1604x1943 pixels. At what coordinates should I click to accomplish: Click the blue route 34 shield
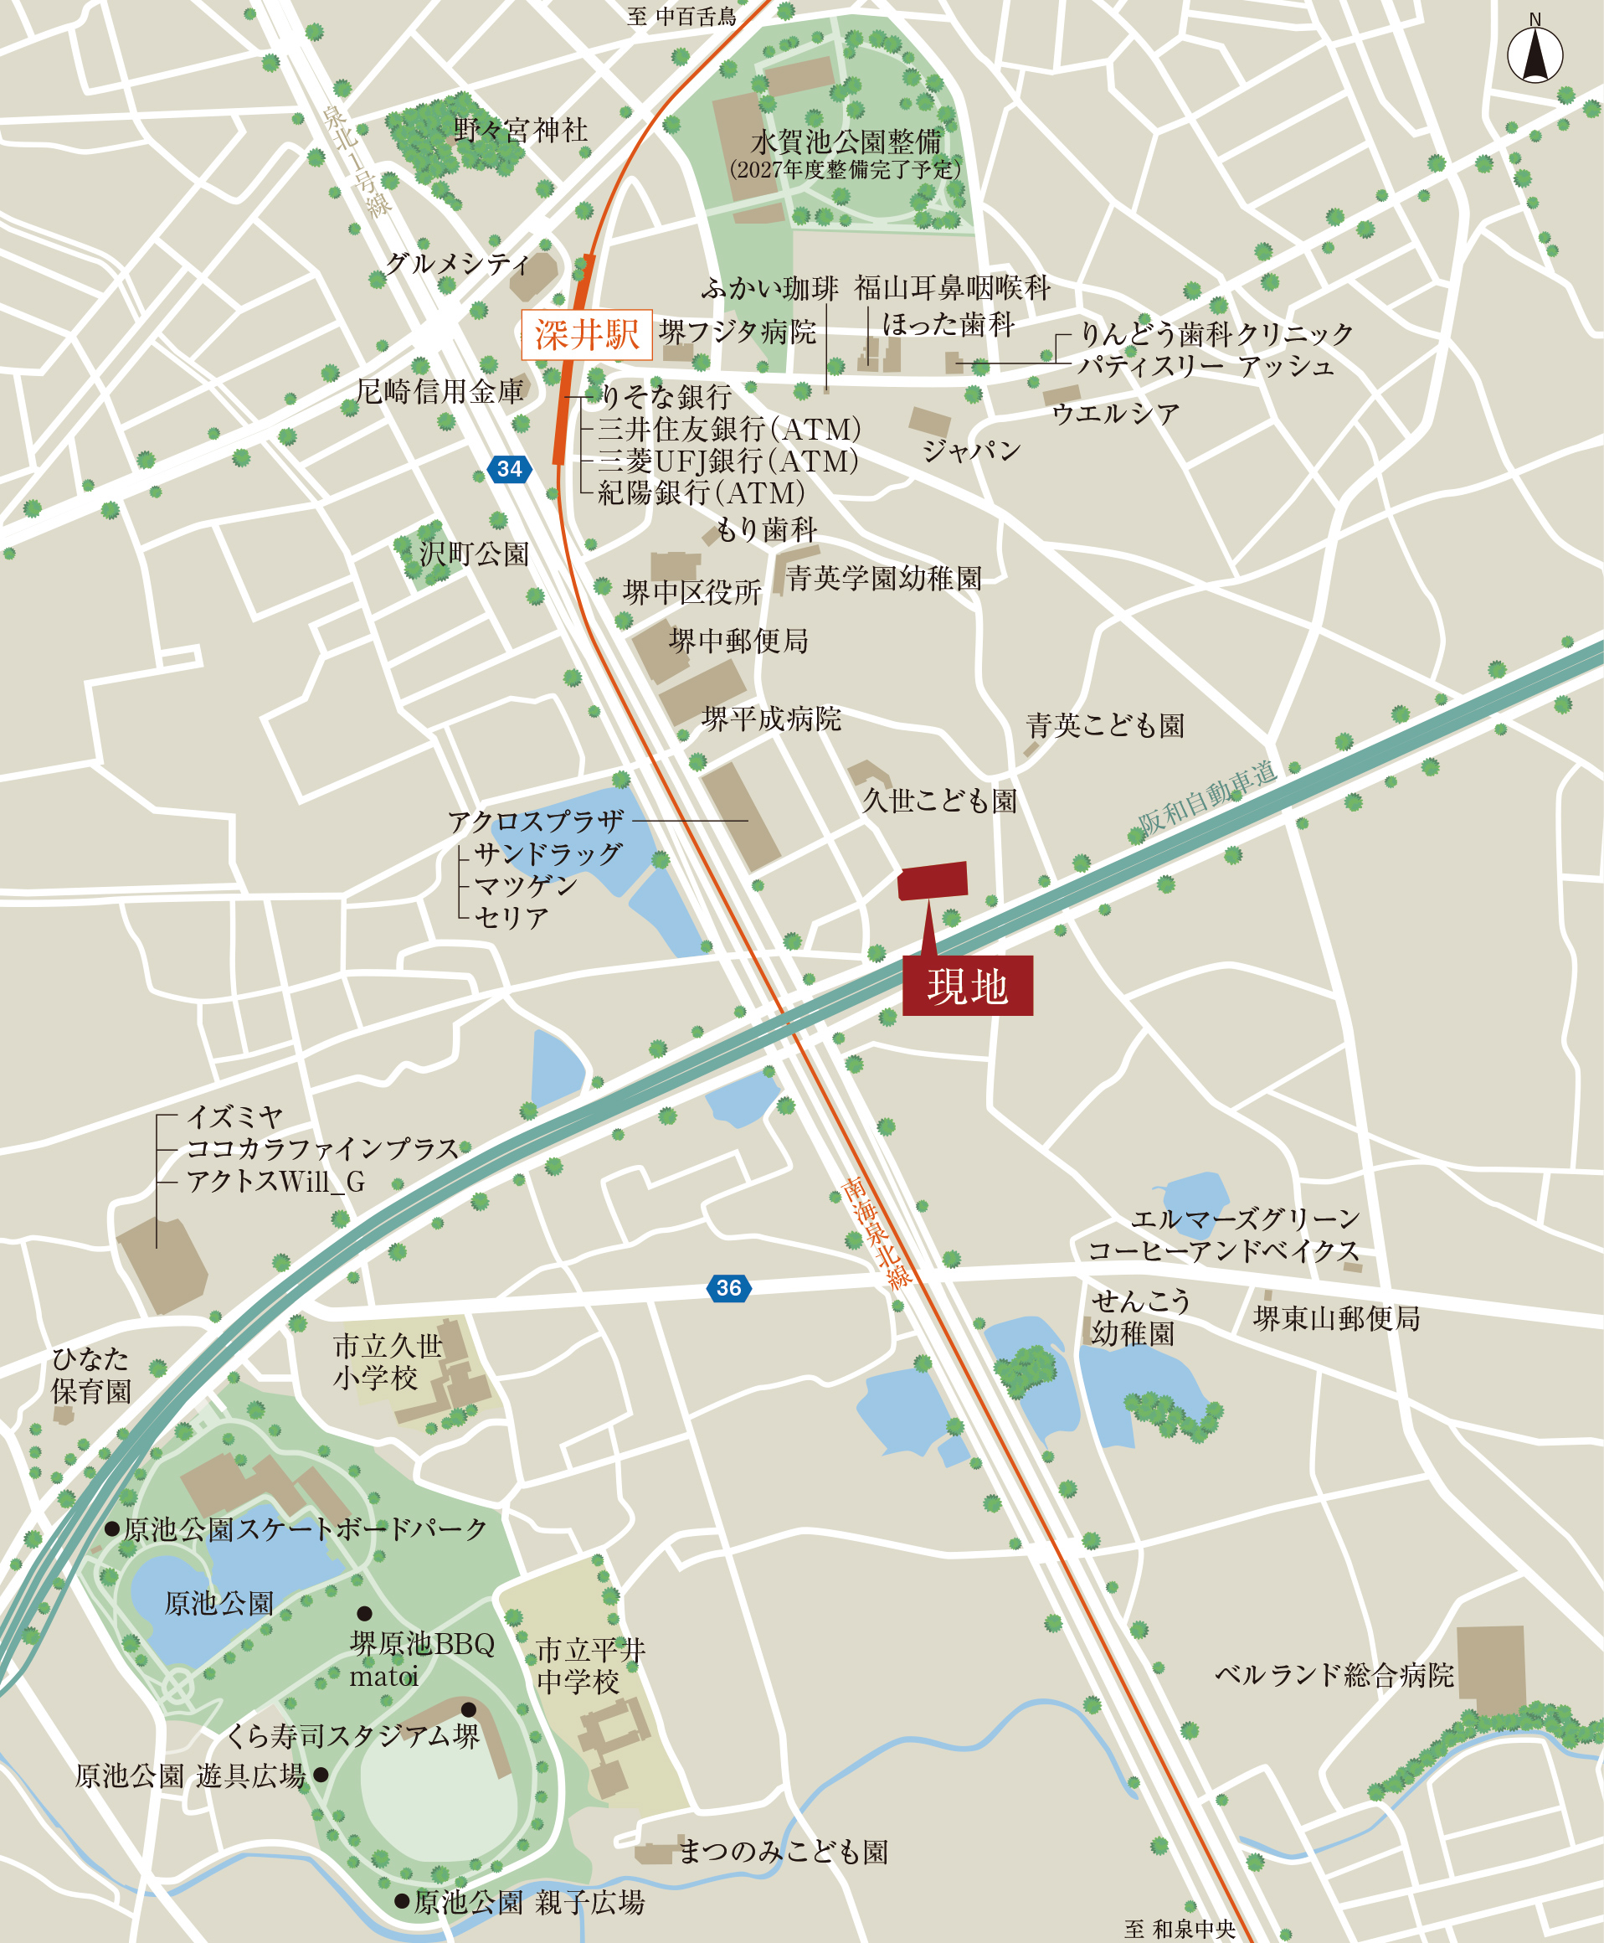point(509,469)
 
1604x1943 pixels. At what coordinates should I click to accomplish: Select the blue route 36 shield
point(728,1287)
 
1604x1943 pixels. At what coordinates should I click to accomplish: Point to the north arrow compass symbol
point(1535,54)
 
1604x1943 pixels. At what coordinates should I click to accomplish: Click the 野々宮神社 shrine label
point(520,131)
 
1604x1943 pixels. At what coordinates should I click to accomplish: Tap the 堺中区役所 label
point(692,591)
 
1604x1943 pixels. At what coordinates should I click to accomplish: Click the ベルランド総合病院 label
point(1334,1674)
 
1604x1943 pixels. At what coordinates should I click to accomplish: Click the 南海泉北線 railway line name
point(877,1232)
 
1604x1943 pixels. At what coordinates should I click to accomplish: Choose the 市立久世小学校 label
point(388,1362)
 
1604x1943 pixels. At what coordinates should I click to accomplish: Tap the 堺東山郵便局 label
point(1336,1318)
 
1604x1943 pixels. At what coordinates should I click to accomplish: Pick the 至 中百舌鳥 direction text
point(682,17)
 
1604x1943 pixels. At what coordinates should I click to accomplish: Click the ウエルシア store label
point(1115,413)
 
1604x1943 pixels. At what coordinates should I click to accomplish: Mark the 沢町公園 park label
point(474,554)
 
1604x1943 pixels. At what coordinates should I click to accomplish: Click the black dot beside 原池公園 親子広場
point(402,1900)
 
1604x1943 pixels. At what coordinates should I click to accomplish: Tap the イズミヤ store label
point(234,1116)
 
